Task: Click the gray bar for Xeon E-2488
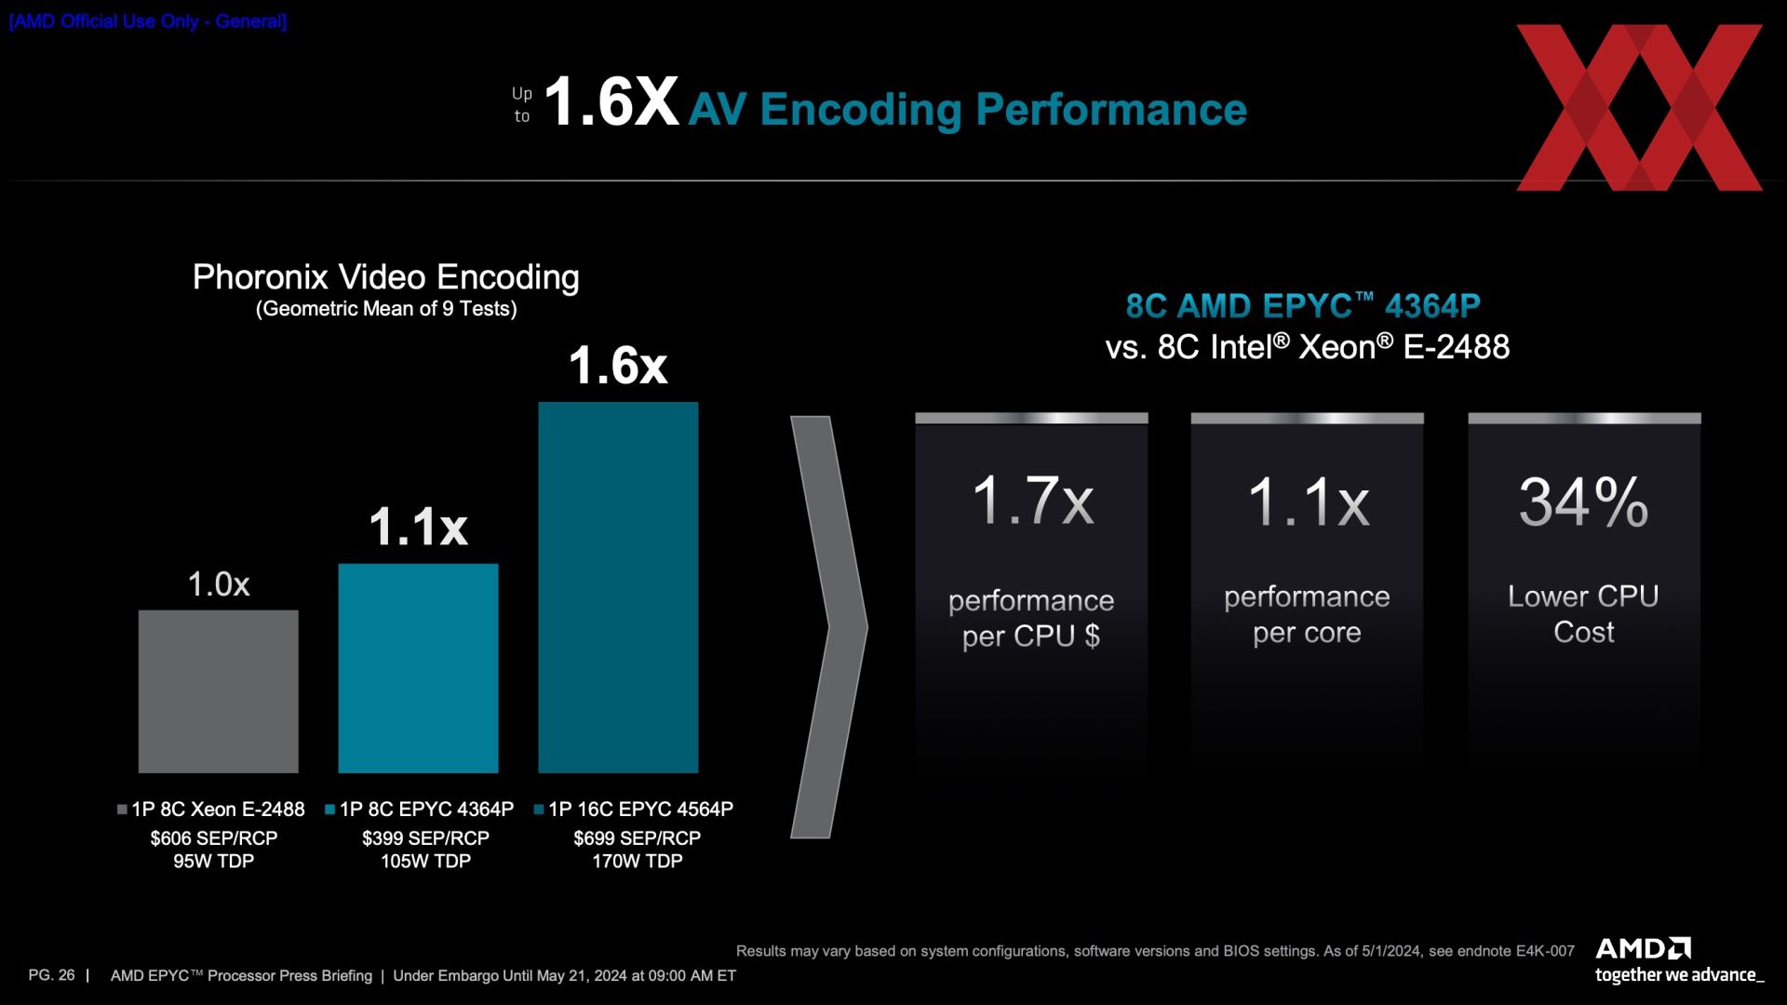[x=218, y=691]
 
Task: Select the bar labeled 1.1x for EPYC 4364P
[x=418, y=668]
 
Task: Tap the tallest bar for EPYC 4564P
[x=618, y=587]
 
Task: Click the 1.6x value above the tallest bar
[x=618, y=365]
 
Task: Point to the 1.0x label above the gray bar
[x=219, y=584]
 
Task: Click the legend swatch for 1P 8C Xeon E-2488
[x=122, y=810]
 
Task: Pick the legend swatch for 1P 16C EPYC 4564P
[x=539, y=810]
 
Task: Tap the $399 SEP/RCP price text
[x=425, y=838]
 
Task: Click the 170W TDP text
[x=638, y=862]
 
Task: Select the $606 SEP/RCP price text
[x=214, y=838]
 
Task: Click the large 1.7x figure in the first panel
[x=1032, y=501]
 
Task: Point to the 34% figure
[x=1584, y=502]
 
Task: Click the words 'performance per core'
[x=1307, y=614]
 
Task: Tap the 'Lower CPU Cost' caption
[x=1583, y=614]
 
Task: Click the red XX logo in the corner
[x=1639, y=108]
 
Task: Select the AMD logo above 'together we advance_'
[x=1644, y=948]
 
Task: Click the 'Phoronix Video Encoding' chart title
[x=385, y=277]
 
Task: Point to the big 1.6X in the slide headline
[x=611, y=102]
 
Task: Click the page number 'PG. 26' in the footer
[x=52, y=975]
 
